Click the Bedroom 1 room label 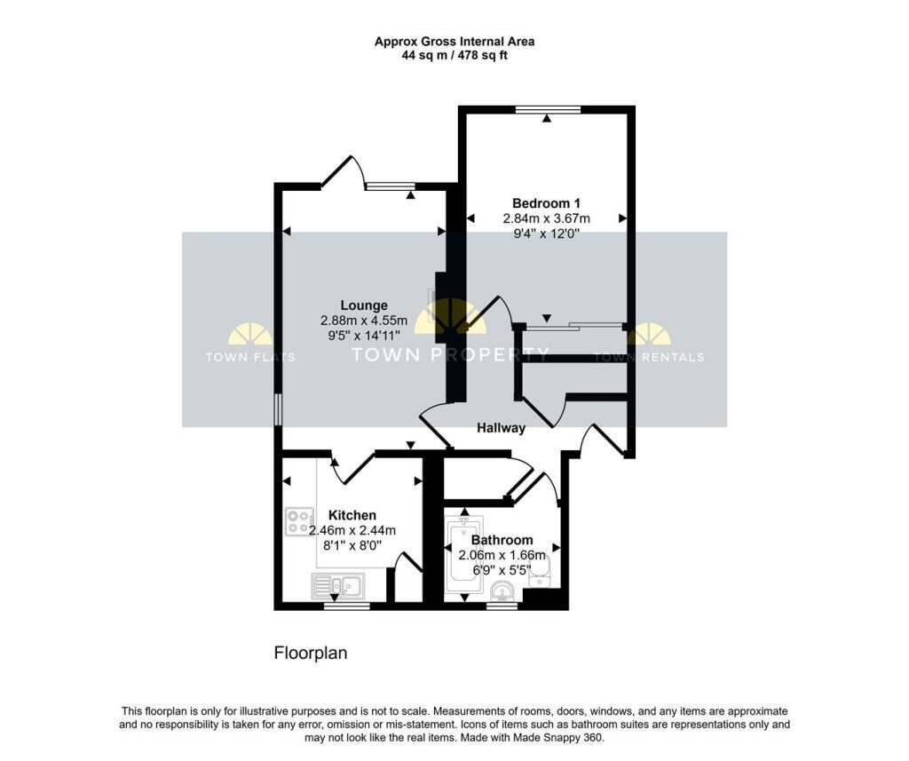(x=546, y=203)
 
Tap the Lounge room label (x=364, y=305)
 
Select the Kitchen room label (x=352, y=515)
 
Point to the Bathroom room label (x=502, y=540)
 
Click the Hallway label (x=501, y=428)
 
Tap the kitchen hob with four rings (x=300, y=521)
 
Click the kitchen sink (x=338, y=585)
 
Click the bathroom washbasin (x=502, y=591)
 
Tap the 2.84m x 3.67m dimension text (x=546, y=218)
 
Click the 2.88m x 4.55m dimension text (x=364, y=321)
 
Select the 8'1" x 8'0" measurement (x=352, y=545)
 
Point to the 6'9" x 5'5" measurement (x=502, y=570)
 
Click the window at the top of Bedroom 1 (x=548, y=109)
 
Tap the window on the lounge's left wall (x=278, y=410)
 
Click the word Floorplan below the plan (x=311, y=654)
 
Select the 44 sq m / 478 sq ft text (x=454, y=56)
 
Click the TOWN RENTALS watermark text (x=649, y=357)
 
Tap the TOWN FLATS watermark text (x=250, y=357)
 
